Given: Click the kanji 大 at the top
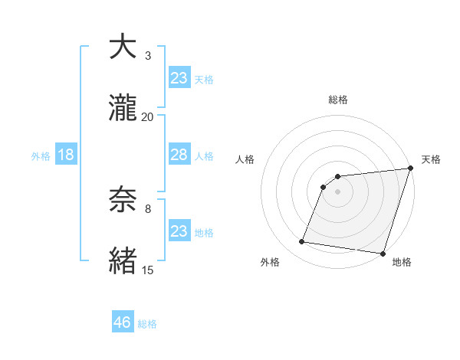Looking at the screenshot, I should [x=123, y=47].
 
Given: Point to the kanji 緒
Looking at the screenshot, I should [x=123, y=260].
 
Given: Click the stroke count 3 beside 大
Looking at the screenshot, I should [x=148, y=56].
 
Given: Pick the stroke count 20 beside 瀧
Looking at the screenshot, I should [x=148, y=116].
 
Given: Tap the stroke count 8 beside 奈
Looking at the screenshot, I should [x=148, y=208].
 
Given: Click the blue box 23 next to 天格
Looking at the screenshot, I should [x=179, y=78].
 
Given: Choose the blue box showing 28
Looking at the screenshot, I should [x=179, y=155].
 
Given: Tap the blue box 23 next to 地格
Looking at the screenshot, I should [x=179, y=231].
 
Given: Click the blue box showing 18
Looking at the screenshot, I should [x=66, y=155].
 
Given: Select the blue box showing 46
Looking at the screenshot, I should [x=123, y=322].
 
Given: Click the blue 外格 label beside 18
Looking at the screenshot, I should [x=41, y=156].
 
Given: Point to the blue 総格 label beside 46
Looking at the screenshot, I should [x=147, y=324].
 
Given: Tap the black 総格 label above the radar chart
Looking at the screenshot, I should [x=337, y=100].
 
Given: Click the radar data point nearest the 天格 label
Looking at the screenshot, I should [x=410, y=169].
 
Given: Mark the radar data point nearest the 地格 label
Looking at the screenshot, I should [x=382, y=253].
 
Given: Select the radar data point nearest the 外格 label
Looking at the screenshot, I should [x=301, y=242].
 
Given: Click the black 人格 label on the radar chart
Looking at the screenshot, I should [x=245, y=159].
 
